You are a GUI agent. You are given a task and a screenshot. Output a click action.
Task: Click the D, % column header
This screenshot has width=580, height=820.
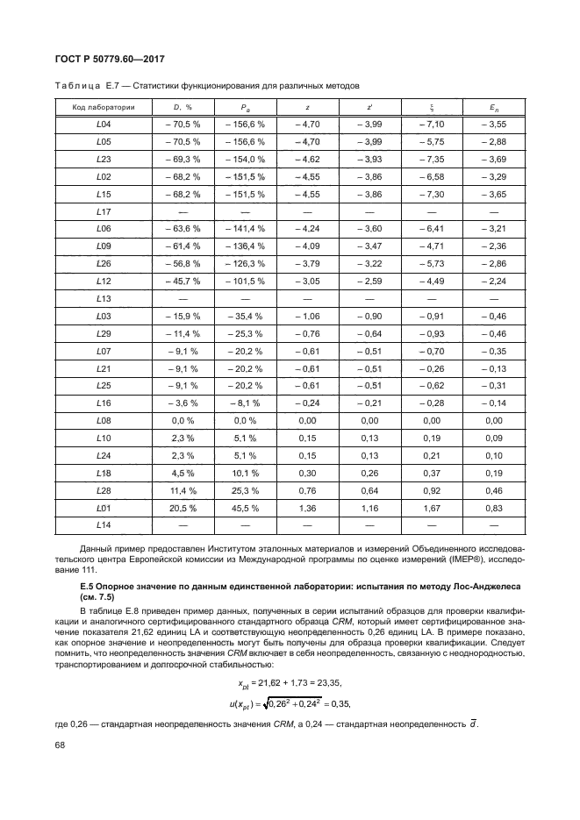(x=183, y=107)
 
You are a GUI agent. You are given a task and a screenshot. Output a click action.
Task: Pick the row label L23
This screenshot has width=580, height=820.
(x=102, y=159)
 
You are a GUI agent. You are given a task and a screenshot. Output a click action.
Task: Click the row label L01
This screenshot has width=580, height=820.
(x=102, y=507)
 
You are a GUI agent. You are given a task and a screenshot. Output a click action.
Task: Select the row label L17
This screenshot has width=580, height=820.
(x=102, y=211)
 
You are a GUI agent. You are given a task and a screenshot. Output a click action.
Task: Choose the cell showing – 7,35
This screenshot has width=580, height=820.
(x=432, y=159)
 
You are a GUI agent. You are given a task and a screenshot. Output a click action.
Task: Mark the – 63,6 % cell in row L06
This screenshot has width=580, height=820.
(x=183, y=229)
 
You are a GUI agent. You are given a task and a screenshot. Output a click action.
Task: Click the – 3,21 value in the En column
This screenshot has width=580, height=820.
(x=494, y=229)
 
